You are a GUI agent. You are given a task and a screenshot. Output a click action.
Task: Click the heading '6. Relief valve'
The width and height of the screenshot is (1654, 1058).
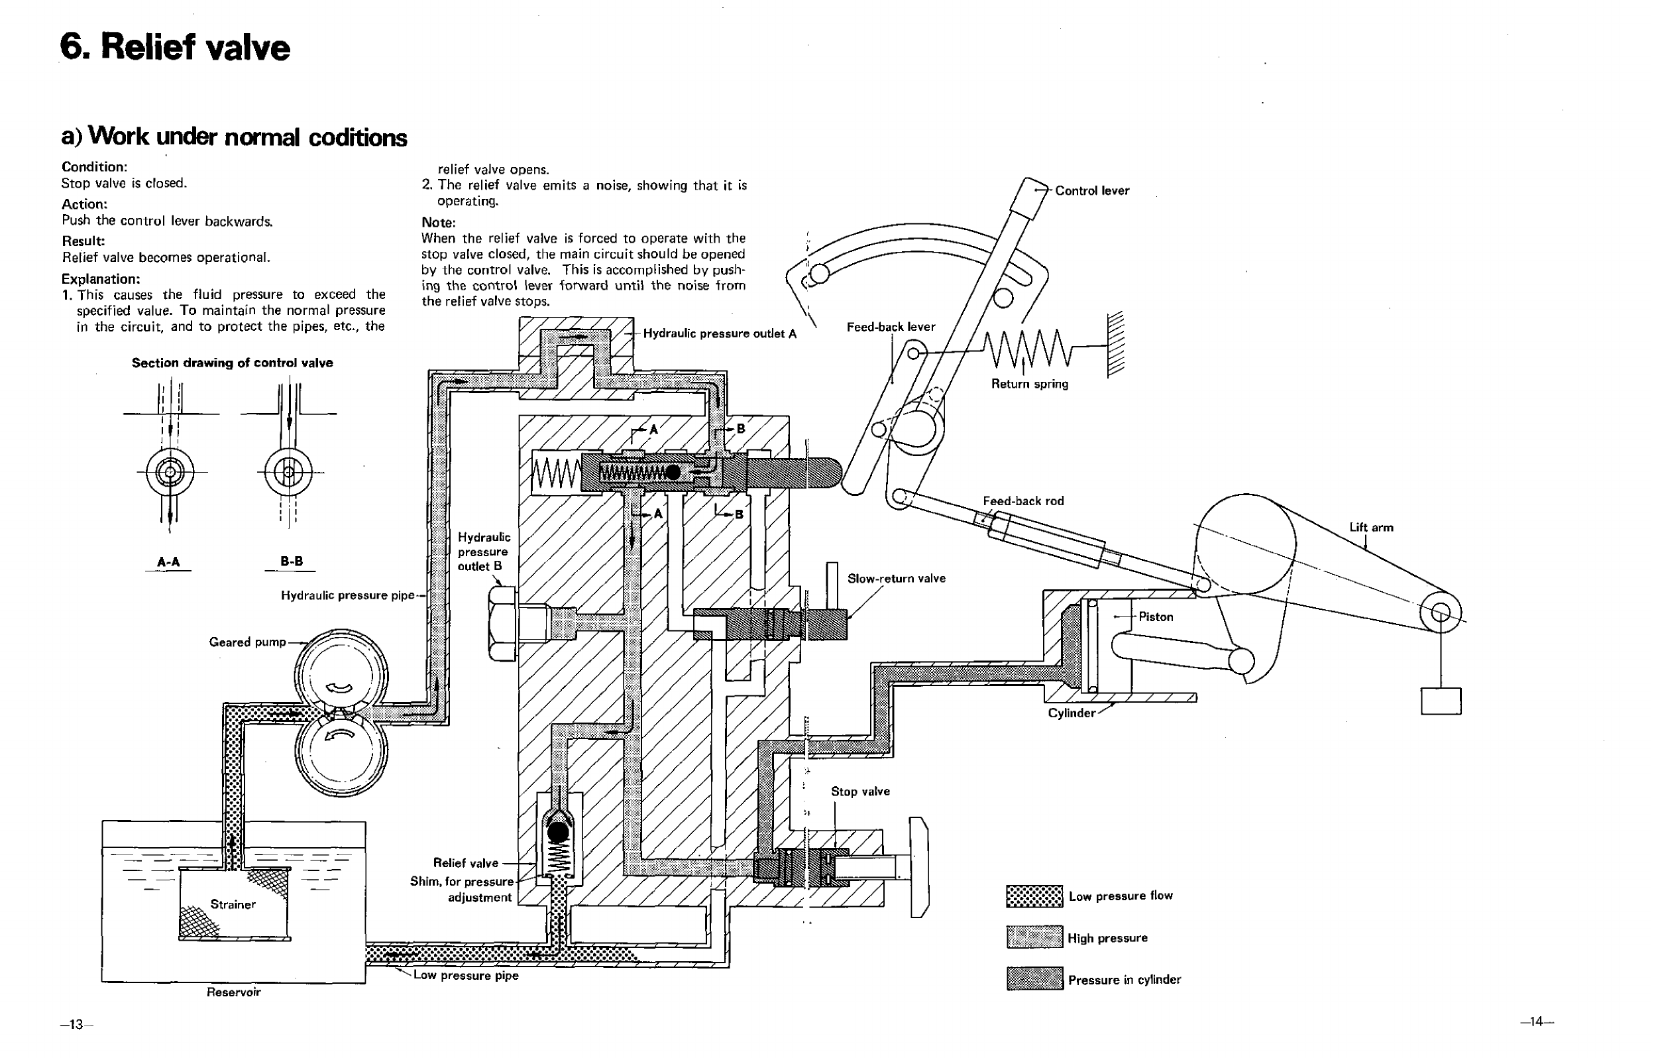click(x=175, y=48)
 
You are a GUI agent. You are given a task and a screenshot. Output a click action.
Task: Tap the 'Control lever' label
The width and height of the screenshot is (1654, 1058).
click(x=1092, y=190)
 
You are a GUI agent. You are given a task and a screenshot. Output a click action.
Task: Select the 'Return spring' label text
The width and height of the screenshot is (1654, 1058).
click(x=1030, y=384)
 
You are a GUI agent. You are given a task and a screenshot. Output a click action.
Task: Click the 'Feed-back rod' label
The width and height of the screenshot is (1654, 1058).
click(x=1022, y=501)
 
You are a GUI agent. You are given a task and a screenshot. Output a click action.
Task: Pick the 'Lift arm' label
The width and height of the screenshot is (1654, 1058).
click(x=1371, y=527)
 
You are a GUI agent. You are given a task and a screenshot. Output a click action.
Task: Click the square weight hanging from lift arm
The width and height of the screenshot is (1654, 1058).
click(x=1441, y=701)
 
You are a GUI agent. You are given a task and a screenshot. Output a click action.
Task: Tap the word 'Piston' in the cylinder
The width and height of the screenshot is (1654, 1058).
click(x=1156, y=617)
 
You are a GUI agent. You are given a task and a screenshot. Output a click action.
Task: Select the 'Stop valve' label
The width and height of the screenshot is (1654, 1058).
click(x=860, y=791)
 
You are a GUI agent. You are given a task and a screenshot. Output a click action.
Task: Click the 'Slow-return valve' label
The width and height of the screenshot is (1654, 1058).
click(x=897, y=579)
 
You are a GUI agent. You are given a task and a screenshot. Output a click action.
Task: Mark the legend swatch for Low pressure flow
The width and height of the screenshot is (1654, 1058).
click(x=1034, y=896)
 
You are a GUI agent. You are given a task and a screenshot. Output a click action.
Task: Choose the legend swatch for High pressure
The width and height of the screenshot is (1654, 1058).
click(x=1034, y=937)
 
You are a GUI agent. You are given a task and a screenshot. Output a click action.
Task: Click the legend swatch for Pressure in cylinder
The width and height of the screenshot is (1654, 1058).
click(x=1034, y=978)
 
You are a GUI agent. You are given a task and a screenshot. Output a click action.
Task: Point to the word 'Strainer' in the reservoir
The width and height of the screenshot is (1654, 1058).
click(x=233, y=904)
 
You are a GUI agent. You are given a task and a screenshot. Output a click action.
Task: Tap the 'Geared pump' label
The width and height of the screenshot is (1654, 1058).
click(x=247, y=642)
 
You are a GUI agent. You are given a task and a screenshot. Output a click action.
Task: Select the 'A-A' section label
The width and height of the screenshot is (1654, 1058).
click(x=168, y=562)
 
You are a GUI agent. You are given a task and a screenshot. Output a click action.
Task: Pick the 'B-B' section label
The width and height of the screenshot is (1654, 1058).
click(x=291, y=561)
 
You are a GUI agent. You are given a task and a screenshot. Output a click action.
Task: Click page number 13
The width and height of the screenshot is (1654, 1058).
click(x=75, y=1024)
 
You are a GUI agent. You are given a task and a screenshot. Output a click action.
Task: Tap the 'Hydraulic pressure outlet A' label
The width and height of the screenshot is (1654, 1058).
click(x=720, y=334)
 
